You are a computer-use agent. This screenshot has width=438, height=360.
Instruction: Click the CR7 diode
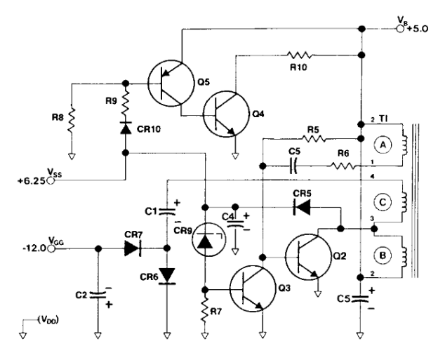coord(131,247)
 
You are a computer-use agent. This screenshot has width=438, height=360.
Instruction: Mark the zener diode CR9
coord(204,241)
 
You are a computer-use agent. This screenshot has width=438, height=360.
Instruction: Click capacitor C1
coord(167,209)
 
